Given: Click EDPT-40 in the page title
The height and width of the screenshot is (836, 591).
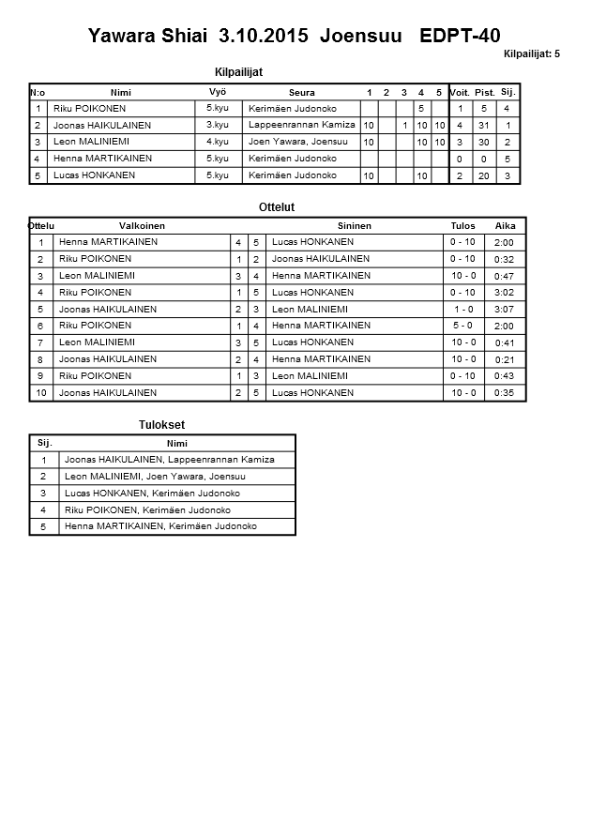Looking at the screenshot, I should [x=460, y=37].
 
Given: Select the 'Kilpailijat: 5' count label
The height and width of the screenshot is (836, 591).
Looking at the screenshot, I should [x=531, y=53].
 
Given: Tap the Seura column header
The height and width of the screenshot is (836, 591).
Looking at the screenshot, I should [x=301, y=92].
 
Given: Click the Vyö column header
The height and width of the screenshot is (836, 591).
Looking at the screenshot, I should [x=217, y=92].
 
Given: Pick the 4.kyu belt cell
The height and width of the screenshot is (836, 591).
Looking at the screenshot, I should [x=217, y=142].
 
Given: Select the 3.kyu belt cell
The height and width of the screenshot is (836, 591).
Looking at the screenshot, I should [x=217, y=125].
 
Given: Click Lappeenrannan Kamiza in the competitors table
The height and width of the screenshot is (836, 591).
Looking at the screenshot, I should [x=301, y=125].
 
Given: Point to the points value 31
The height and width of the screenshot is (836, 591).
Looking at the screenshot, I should [x=484, y=125].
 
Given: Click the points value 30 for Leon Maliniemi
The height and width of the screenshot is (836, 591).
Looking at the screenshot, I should [x=484, y=142].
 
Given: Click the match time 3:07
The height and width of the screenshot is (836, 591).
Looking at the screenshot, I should [x=505, y=309].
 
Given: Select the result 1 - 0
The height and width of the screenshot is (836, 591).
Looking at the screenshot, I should [x=462, y=309].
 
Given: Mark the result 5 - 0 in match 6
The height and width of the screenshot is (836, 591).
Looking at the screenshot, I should [x=462, y=326].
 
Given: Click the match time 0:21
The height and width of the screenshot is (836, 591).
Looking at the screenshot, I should [x=505, y=359].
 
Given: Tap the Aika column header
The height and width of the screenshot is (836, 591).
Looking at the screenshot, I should [x=505, y=226].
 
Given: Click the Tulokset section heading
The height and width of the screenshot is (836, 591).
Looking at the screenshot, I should [x=161, y=425].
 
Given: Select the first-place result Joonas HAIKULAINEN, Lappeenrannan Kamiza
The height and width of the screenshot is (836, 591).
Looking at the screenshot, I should [x=169, y=460].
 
